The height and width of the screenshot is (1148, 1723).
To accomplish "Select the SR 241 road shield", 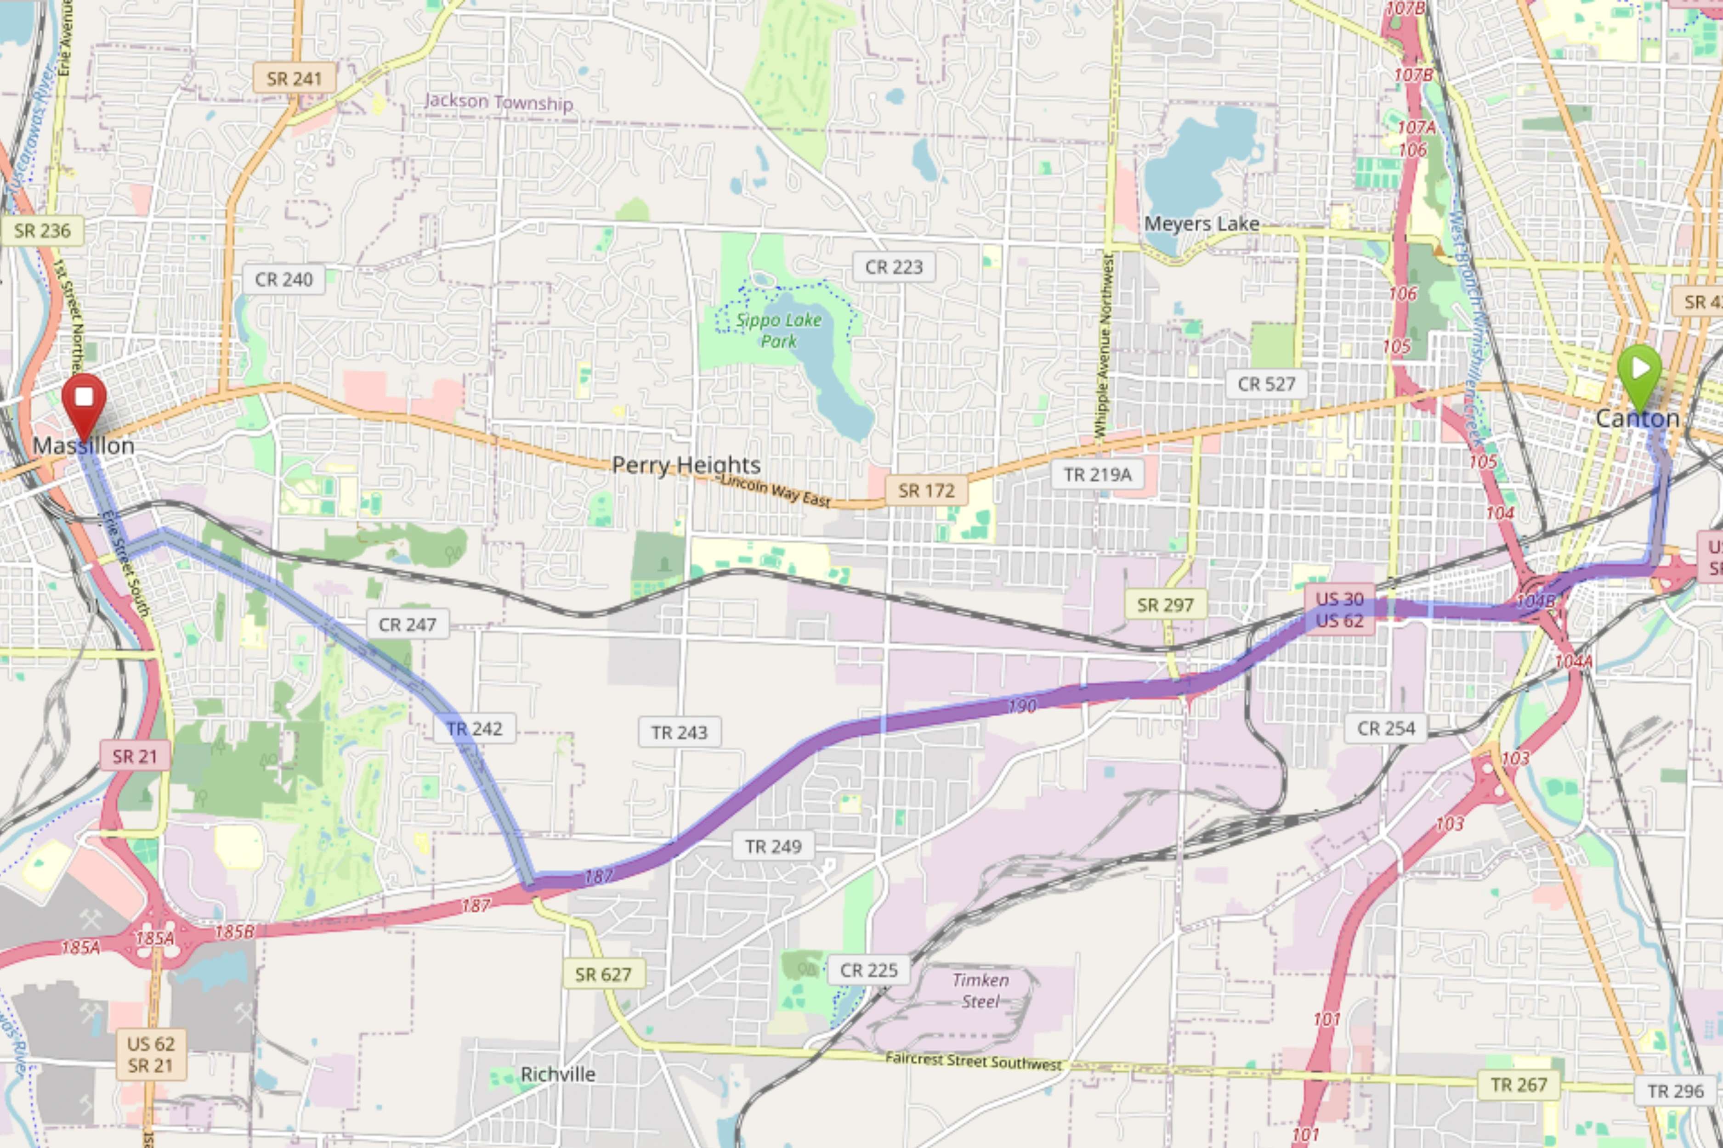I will point(294,79).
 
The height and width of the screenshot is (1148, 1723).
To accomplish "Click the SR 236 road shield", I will point(42,231).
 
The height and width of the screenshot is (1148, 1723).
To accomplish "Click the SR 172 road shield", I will point(926,490).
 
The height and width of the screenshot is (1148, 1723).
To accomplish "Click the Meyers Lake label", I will point(1202,223).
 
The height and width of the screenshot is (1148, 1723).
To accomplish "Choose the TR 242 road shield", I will point(474,728).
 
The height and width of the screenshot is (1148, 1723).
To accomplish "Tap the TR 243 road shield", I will point(679,732).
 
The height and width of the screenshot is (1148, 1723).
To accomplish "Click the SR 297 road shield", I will point(1165,605).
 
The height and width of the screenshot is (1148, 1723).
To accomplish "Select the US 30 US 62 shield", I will point(1339,610).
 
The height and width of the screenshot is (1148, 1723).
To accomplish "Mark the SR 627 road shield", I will point(603,974).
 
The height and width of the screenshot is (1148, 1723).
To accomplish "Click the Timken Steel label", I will point(980,990).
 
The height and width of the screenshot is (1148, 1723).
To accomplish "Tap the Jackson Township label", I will point(498,102).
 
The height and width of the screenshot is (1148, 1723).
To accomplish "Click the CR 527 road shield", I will point(1266,383).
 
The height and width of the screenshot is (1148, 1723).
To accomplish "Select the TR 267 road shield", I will point(1519,1084).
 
